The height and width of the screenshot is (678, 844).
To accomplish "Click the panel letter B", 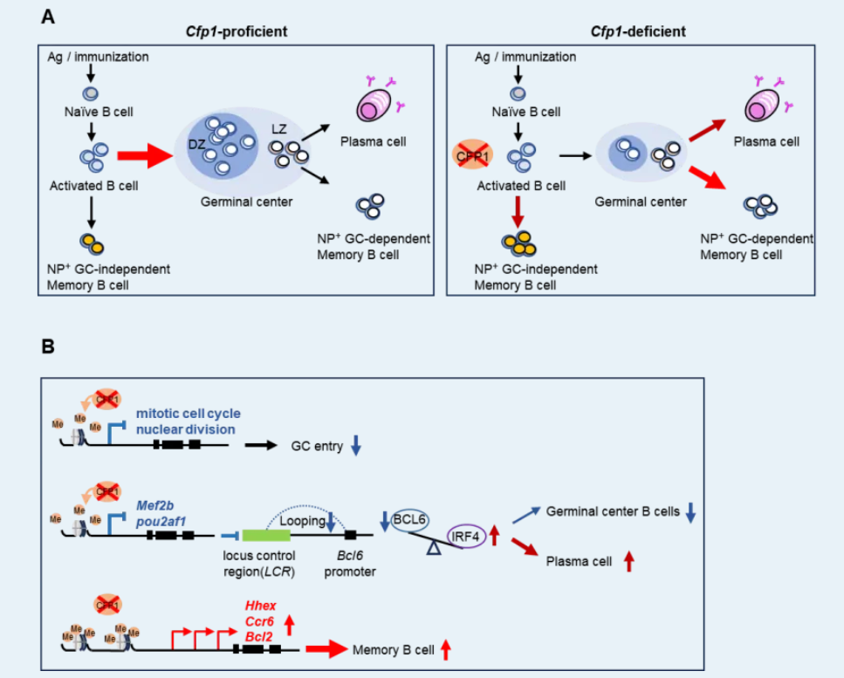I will [48, 346].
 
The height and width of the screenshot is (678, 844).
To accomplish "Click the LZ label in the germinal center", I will [278, 127].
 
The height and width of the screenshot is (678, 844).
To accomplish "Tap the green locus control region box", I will [266, 534].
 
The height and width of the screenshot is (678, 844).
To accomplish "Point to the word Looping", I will [299, 521].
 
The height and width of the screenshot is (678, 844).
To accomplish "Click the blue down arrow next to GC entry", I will [356, 445].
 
